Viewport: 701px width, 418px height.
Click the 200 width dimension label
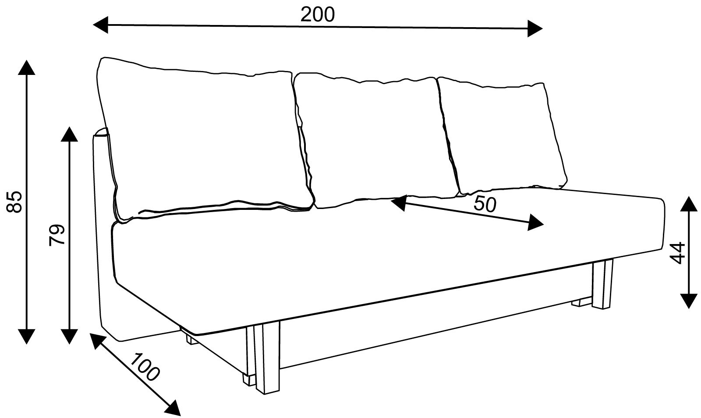(317, 14)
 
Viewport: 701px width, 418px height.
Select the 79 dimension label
(57, 235)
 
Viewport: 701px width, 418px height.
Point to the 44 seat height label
(677, 253)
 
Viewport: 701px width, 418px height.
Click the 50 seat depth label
(485, 204)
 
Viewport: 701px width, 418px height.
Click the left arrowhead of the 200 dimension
(100, 25)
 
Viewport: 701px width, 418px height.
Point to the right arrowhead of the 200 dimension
(535, 28)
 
